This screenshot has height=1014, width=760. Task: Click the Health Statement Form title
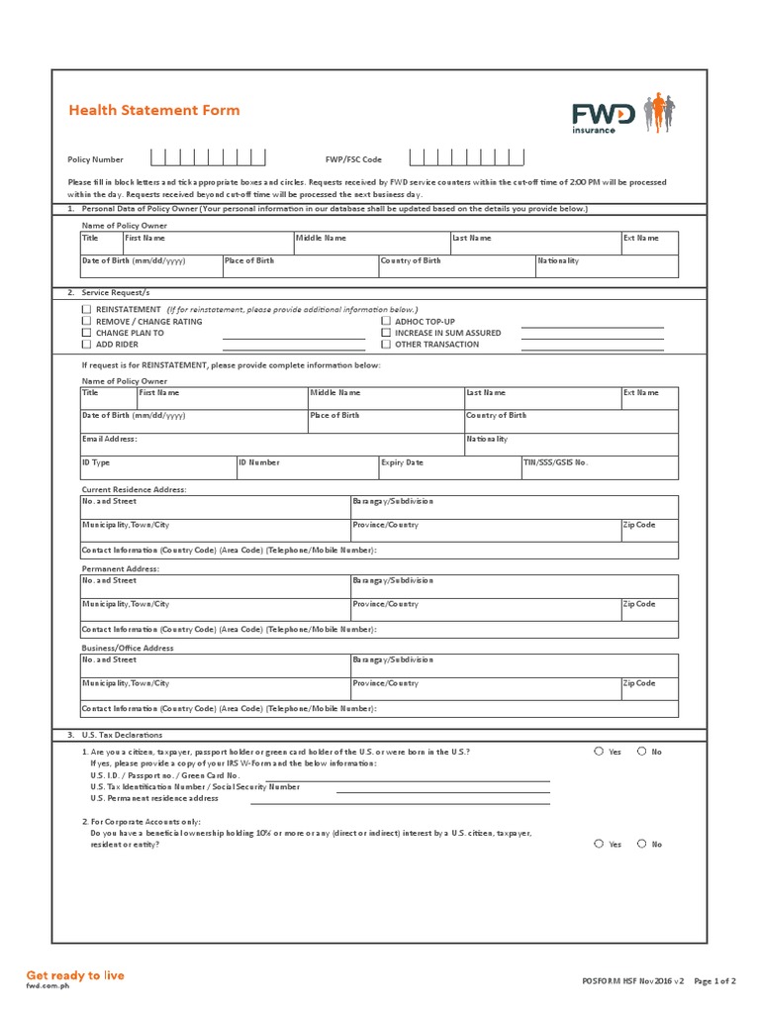153,110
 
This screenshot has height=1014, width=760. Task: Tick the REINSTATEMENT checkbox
86,309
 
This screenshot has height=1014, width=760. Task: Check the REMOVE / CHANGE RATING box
86,321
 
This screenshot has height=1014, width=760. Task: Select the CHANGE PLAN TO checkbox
86,333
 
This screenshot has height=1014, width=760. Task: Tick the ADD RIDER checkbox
86,345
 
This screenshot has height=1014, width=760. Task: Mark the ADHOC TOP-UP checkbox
386,321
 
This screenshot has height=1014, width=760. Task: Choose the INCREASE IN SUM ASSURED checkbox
386,333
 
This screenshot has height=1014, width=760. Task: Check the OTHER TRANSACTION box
386,345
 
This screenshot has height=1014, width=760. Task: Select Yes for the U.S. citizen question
599,752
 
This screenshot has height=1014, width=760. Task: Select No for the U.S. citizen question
641,752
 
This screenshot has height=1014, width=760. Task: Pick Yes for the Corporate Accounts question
599,844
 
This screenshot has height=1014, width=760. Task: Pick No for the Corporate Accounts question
641,844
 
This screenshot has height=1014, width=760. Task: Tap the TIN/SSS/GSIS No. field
599,468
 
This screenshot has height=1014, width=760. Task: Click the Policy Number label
95,158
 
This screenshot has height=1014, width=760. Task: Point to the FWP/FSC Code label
353,158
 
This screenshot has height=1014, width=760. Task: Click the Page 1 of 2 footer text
713,981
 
